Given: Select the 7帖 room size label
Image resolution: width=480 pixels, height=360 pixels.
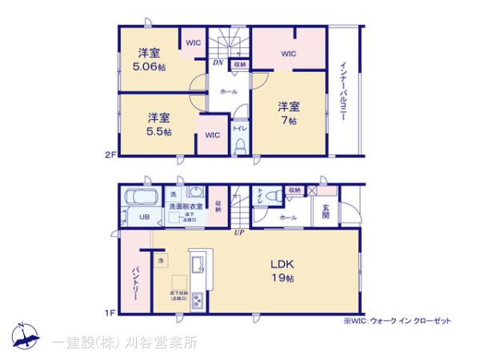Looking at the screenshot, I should coord(288,121).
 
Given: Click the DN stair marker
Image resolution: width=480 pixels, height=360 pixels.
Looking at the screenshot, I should coord(217,63).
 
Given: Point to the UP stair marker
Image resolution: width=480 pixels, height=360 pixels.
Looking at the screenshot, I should coord(238,233).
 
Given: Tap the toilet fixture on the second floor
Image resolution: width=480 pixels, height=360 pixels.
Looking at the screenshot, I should coord(239,145).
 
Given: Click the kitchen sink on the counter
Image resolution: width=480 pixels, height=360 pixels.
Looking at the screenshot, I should coord(198,263).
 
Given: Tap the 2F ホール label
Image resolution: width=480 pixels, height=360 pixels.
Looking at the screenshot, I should coord(227,92).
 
